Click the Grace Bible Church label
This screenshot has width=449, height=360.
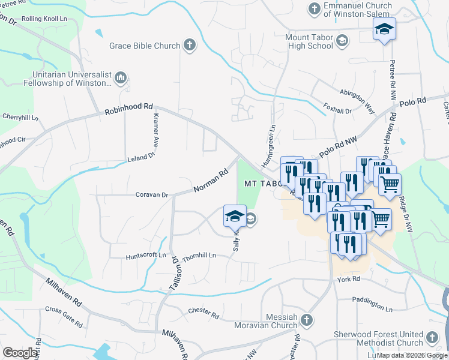tap(145, 46)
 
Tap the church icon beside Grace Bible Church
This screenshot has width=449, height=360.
tap(190, 44)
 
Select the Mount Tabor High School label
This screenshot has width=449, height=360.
tap(309, 41)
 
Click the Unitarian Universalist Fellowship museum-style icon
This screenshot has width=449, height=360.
tap(121, 77)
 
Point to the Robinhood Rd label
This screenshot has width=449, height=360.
tap(129, 108)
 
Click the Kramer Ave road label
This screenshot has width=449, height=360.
tap(155, 130)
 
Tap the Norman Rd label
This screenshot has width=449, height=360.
tap(211, 181)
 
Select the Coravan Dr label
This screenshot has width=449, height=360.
tap(152, 195)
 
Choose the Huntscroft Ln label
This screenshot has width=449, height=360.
tap(146, 256)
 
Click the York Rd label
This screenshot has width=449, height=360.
tap(348, 280)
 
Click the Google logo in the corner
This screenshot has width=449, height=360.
tap(20, 353)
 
